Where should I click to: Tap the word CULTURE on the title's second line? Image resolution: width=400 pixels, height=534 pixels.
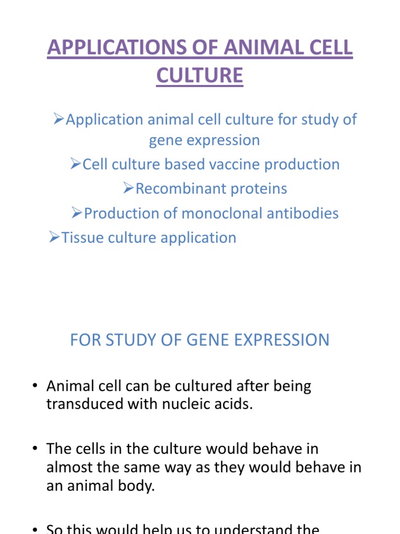(x=199, y=75)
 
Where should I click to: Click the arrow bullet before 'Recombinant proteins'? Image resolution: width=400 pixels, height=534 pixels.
(x=129, y=189)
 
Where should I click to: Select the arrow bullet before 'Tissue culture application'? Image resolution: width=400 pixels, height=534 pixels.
(x=55, y=238)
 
